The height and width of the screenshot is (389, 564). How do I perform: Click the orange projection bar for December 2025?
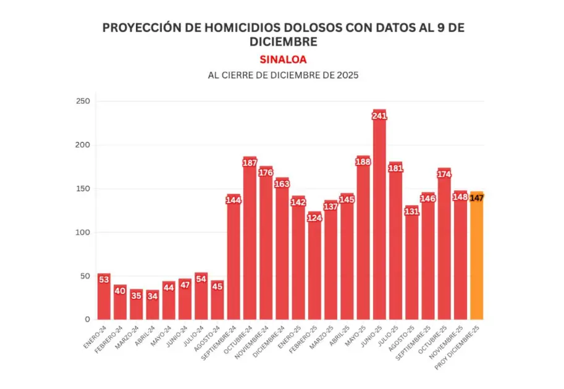pos(476,259)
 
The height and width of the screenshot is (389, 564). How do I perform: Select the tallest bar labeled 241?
pos(379,216)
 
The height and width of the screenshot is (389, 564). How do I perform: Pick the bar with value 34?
pos(153,305)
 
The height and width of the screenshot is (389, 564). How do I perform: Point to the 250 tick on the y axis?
pos(83,101)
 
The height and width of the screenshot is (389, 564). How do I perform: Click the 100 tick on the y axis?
pos(83,232)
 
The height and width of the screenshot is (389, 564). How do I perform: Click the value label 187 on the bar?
pos(250,163)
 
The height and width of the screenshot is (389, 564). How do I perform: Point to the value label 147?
pos(476,198)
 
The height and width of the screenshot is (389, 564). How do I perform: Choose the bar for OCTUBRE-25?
pos(444,247)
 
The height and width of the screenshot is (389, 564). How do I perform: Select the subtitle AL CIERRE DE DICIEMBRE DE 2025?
pos(283,75)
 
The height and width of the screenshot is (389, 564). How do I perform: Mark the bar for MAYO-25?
pos(363,241)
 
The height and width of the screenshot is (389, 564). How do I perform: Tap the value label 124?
pos(314,218)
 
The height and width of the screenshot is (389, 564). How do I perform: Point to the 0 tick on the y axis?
pos(87,319)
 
